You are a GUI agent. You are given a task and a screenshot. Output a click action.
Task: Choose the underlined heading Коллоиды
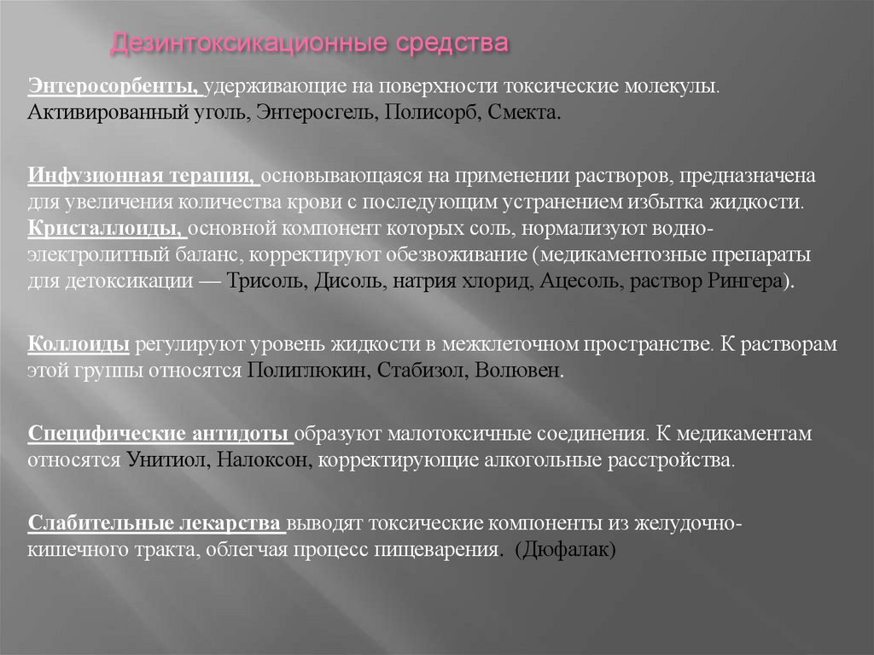pyautogui.click(x=79, y=344)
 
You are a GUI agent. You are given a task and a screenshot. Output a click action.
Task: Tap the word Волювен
pyautogui.click(x=497, y=371)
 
